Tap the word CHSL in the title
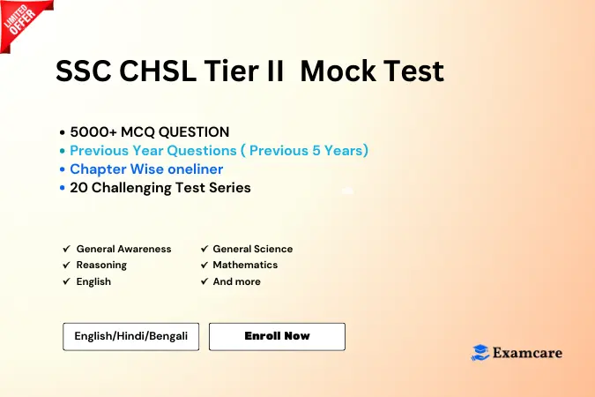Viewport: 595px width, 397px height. pos(158,71)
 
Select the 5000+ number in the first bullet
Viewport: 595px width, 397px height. pos(93,132)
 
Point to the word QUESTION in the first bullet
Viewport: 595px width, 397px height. pos(194,132)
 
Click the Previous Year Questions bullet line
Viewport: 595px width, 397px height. pos(219,151)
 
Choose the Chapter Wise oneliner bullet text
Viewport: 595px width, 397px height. pos(146,169)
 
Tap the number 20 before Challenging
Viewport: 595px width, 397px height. pos(79,188)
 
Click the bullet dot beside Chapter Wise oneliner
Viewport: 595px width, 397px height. pos(63,169)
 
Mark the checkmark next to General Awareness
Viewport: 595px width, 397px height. pos(67,249)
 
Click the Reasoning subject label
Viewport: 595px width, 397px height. pos(101,266)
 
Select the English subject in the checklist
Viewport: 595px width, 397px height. pos(93,281)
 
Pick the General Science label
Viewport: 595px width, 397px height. pos(253,249)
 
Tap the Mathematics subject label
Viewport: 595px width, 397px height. pos(245,265)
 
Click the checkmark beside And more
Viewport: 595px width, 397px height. pos(205,281)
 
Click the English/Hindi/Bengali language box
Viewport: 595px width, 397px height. pos(131,337)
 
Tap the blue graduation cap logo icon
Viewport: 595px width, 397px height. pos(480,353)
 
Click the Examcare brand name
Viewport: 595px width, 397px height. pos(527,353)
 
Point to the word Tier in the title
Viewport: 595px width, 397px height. pos(231,71)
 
